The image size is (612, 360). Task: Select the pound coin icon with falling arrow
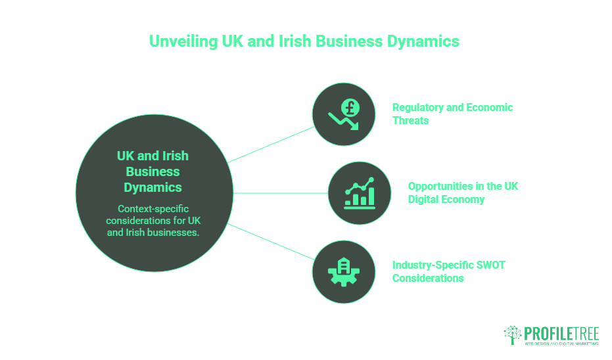[x=343, y=114]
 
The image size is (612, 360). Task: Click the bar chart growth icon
[x=359, y=192]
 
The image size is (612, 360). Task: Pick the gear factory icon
[x=343, y=271]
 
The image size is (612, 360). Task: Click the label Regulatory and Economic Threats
[x=452, y=114]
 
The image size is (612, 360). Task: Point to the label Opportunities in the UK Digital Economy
[x=462, y=192]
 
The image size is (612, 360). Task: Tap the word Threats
[x=411, y=120]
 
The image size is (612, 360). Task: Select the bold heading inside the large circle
[x=153, y=171]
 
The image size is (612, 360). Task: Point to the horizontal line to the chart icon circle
[x=281, y=193]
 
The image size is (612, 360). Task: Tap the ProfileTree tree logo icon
[x=513, y=335]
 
